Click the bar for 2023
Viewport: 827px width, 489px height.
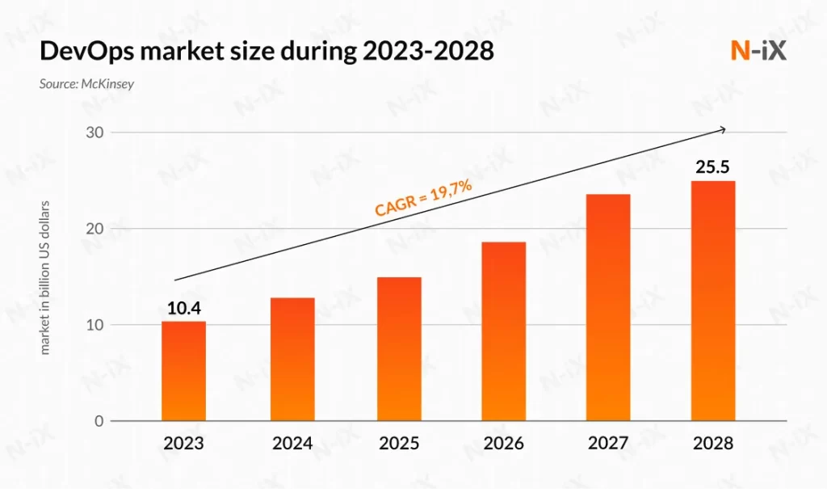pyautogui.click(x=183, y=372)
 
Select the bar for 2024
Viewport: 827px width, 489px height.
pyautogui.click(x=292, y=360)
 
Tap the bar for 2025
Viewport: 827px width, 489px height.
pyautogui.click(x=399, y=349)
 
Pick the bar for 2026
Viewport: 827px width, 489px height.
pyautogui.click(x=503, y=331)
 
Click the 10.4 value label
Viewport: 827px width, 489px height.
pyautogui.click(x=183, y=308)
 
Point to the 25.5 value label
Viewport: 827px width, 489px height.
pyautogui.click(x=712, y=168)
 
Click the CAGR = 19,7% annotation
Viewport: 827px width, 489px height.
pyautogui.click(x=423, y=198)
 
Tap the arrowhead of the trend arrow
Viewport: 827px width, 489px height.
pyautogui.click(x=723, y=129)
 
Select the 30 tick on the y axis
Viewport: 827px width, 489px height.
pyautogui.click(x=95, y=133)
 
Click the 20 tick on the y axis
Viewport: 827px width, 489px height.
pyautogui.click(x=95, y=229)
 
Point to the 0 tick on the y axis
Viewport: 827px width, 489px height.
pyautogui.click(x=99, y=421)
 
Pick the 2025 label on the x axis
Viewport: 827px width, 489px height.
pyautogui.click(x=399, y=444)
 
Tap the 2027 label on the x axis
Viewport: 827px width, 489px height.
pyautogui.click(x=607, y=444)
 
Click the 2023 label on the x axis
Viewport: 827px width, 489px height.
pyautogui.click(x=183, y=444)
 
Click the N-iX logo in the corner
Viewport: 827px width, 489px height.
pyautogui.click(x=758, y=50)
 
